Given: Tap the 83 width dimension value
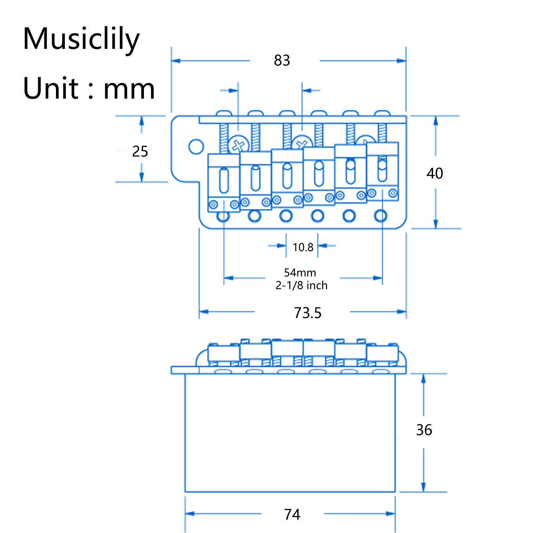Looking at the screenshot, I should (282, 60).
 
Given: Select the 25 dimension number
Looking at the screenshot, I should (140, 152).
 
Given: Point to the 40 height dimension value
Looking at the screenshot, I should (434, 173).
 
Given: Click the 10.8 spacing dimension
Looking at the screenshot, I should (303, 247).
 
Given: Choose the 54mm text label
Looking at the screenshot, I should (300, 272).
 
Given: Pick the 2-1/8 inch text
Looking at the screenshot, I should (302, 285).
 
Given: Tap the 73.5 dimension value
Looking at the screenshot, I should (307, 313).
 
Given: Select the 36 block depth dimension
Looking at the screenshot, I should (424, 430).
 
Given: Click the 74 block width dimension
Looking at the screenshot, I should (292, 514).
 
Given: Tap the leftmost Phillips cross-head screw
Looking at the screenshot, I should (239, 145).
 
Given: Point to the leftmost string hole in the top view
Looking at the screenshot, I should (223, 216).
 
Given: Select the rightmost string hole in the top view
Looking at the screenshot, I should (380, 216).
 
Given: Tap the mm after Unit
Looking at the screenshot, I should (129, 88).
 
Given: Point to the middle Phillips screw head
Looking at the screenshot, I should (302, 143).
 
